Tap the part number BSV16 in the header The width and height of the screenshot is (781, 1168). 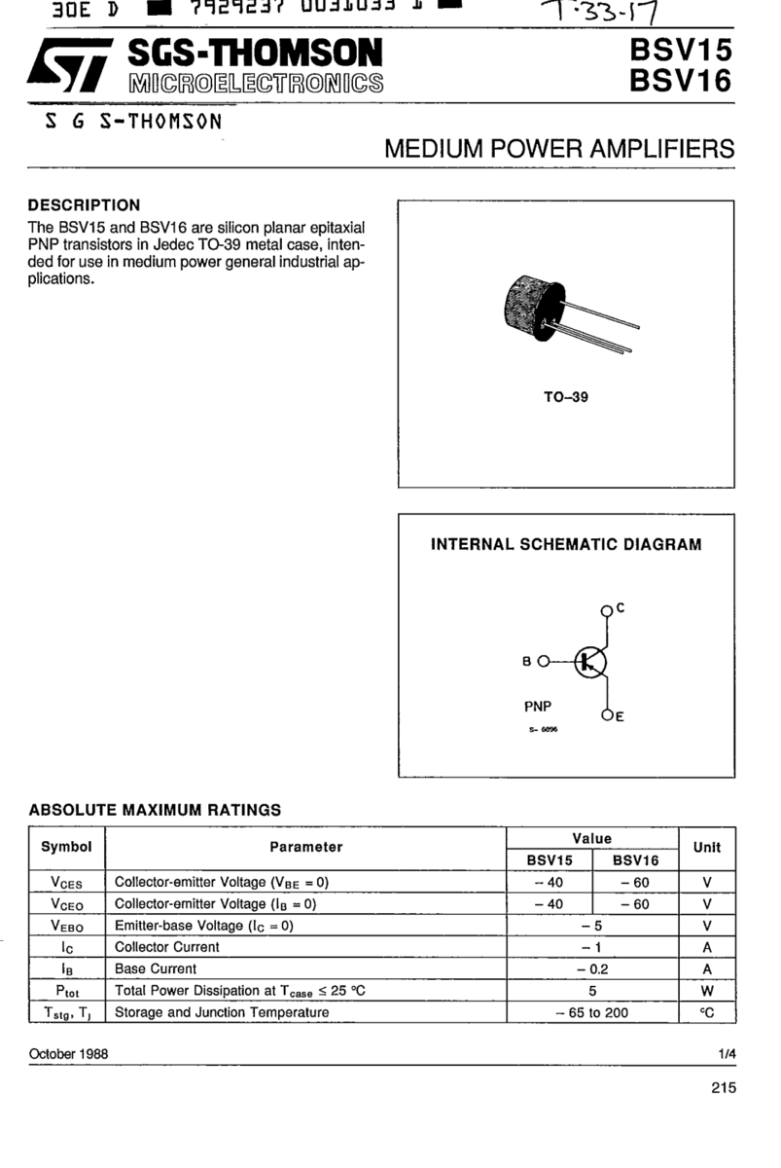[x=679, y=83]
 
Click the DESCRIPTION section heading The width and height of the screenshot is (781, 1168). [x=85, y=205]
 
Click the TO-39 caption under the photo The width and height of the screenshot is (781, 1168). [x=565, y=397]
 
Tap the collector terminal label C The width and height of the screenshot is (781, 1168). [x=620, y=608]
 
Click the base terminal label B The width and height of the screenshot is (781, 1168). [x=527, y=661]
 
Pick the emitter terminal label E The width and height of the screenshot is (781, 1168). [x=620, y=718]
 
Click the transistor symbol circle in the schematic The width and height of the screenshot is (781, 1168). [x=589, y=662]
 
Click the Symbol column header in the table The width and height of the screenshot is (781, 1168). [x=66, y=847]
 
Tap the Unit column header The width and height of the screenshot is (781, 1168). [x=707, y=847]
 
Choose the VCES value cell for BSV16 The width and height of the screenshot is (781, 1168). [x=634, y=883]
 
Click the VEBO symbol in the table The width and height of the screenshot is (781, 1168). [x=66, y=926]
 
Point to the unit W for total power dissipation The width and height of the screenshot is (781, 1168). [x=707, y=990]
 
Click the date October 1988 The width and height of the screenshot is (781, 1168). [x=69, y=1054]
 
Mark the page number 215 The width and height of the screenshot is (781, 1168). [x=723, y=1089]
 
